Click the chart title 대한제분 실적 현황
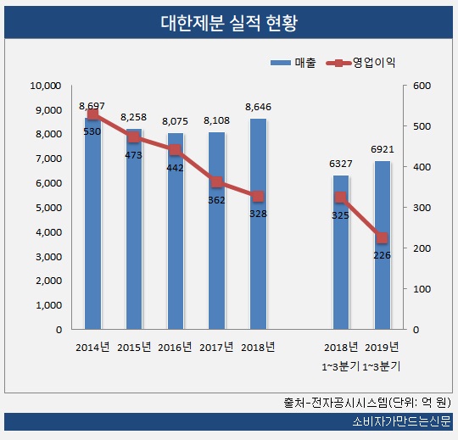coord(229,21)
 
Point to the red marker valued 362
coord(217,182)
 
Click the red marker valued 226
coord(382,237)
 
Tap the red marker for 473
coord(134,137)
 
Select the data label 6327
coord(340,164)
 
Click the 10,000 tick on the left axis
coord(46,86)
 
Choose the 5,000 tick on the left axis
coord(48,208)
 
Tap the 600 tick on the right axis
coord(422,86)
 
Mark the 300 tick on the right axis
coord(422,208)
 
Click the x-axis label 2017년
coord(216,347)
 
